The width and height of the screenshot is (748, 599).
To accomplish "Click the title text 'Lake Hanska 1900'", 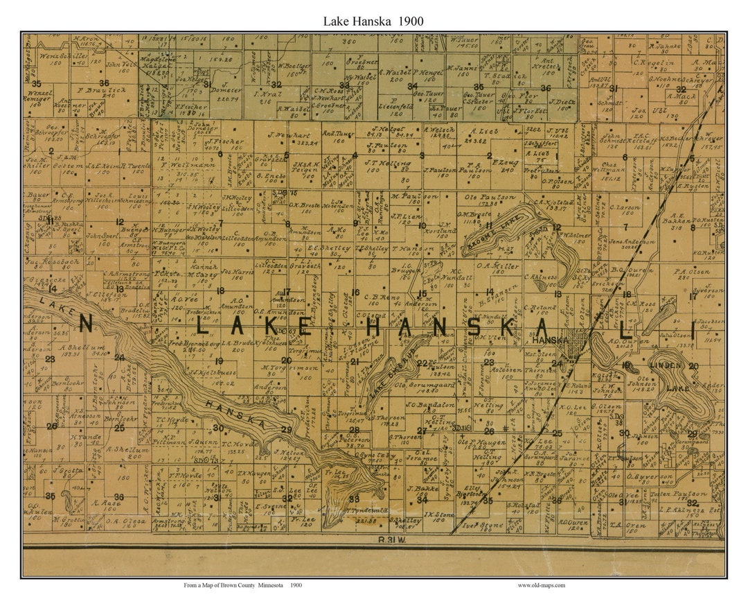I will coord(373,21).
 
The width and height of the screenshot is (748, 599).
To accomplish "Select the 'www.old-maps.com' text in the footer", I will coord(541,585).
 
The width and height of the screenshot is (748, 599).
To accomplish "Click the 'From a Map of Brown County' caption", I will coord(242,585).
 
